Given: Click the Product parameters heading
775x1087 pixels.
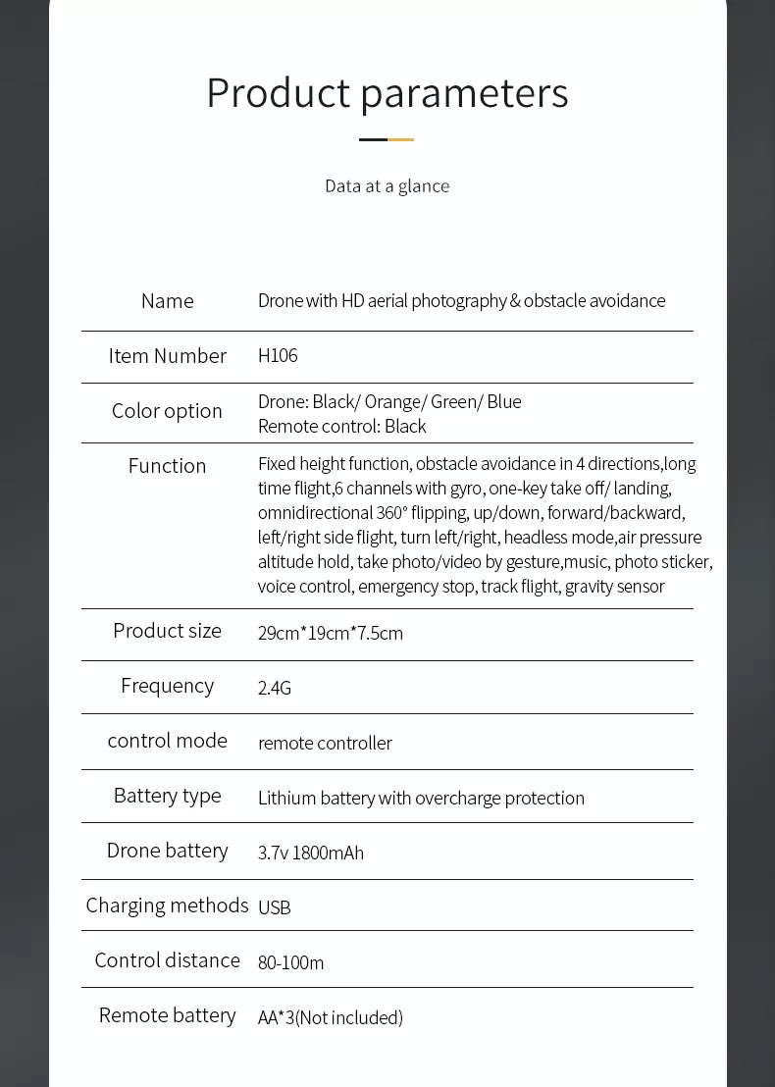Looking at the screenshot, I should pyautogui.click(x=387, y=93).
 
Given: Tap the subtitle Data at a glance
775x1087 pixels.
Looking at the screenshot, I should pyautogui.click(x=387, y=186).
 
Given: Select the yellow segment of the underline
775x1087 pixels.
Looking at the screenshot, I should pyautogui.click(x=401, y=139).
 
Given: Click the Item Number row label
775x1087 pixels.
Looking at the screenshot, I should pyautogui.click(x=167, y=356).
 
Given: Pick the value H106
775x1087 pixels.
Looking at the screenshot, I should pyautogui.click(x=278, y=355).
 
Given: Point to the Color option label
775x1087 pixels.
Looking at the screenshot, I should pyautogui.click(x=167, y=411).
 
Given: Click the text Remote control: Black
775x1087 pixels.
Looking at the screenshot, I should pyautogui.click(x=341, y=426).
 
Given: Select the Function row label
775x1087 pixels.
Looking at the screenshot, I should pyautogui.click(x=167, y=466).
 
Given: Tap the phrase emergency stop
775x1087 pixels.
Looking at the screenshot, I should pyautogui.click(x=418, y=586).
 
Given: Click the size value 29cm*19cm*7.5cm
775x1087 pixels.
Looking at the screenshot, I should pyautogui.click(x=331, y=633).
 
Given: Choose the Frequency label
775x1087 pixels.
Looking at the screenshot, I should pyautogui.click(x=167, y=686).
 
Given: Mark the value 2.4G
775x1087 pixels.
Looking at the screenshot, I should pyautogui.click(x=275, y=688).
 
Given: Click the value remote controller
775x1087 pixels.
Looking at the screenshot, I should pyautogui.click(x=325, y=743).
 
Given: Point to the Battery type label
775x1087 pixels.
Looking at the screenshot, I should pyautogui.click(x=167, y=796).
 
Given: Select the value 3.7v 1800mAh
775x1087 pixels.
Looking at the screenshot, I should pyautogui.click(x=311, y=853).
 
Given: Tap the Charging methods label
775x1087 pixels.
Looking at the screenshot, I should pyautogui.click(x=167, y=906).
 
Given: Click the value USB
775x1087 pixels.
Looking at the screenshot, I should pyautogui.click(x=275, y=907).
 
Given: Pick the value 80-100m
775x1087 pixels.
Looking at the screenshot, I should pyautogui.click(x=290, y=962).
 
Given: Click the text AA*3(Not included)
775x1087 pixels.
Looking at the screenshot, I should pyautogui.click(x=331, y=1017).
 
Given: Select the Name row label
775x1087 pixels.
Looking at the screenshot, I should pyautogui.click(x=167, y=301).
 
